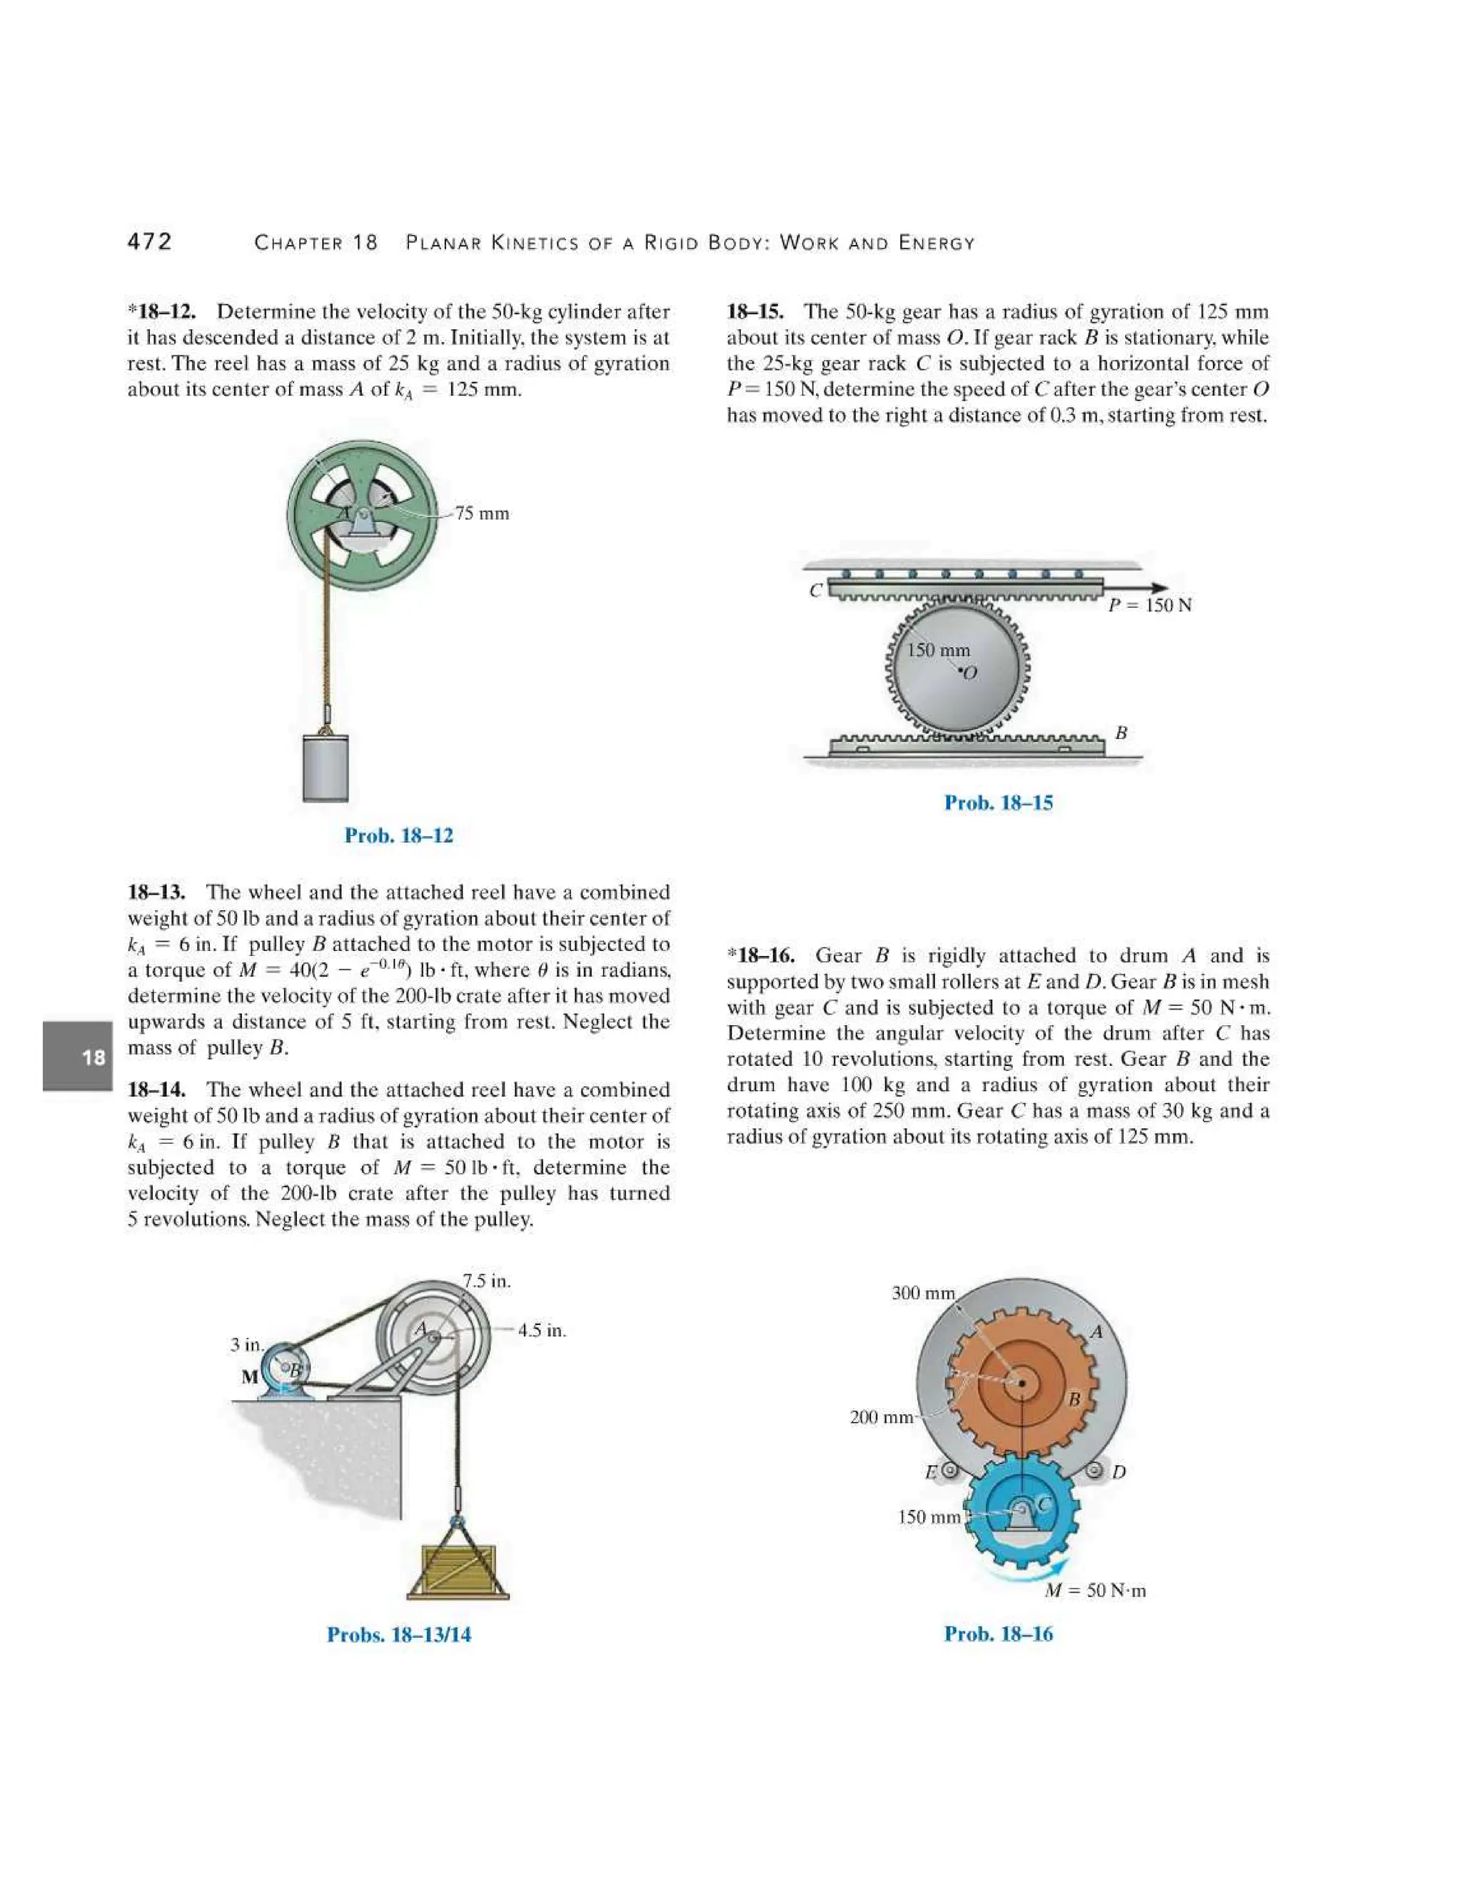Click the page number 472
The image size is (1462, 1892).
coord(150,242)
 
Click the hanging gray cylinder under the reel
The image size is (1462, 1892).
coord(326,768)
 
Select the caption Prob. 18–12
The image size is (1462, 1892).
coord(398,835)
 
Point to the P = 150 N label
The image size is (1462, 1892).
coord(1150,605)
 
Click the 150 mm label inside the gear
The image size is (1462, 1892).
coord(938,650)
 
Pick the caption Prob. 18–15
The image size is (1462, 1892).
coord(998,803)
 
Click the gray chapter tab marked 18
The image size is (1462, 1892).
coord(78,1056)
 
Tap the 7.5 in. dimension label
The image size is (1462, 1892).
coord(487,1280)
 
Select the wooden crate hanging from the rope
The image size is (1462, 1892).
coord(458,1571)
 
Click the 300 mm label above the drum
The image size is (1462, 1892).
coord(922,1294)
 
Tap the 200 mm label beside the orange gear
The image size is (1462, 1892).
coord(881,1417)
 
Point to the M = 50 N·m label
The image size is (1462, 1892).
coord(1095,1591)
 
